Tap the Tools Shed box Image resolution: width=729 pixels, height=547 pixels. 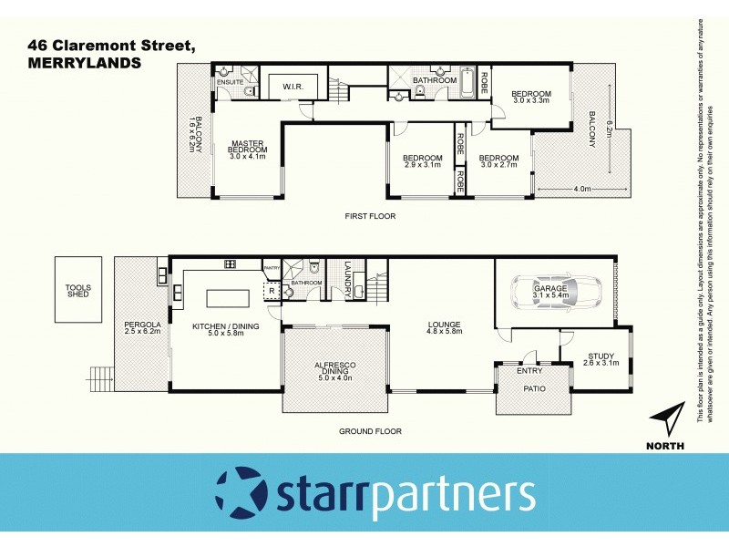tap(77, 290)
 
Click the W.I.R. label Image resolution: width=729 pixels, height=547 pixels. tap(293, 88)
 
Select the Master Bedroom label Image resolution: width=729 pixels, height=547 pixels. tap(247, 149)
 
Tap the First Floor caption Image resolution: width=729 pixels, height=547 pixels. tap(369, 216)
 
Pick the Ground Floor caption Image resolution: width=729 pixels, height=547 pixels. tap(370, 431)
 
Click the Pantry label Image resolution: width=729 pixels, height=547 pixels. tap(272, 268)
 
